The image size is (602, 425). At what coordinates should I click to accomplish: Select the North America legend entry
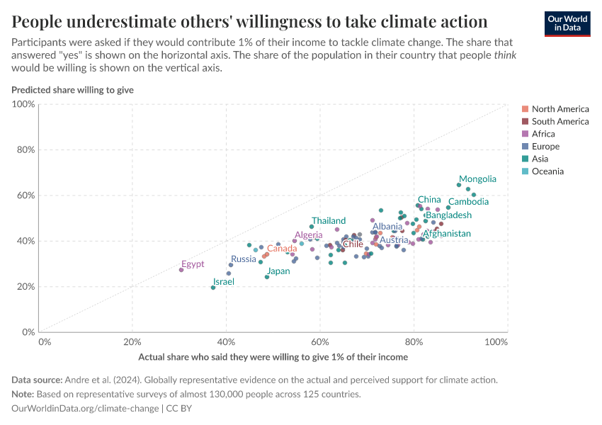click(x=560, y=109)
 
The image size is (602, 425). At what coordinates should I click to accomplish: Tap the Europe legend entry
click(x=545, y=147)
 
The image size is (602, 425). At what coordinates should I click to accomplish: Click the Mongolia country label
click(x=477, y=179)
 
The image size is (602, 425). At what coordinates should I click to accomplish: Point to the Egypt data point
click(x=181, y=270)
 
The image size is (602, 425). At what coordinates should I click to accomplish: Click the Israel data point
click(x=213, y=288)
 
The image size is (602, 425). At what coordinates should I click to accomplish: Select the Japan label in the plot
click(x=278, y=271)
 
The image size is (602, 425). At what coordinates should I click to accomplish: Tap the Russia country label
click(x=244, y=259)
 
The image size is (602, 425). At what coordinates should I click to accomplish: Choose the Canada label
click(x=282, y=249)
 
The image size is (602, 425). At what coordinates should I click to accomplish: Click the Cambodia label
click(x=468, y=202)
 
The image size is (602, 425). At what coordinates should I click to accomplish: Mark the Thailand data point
click(x=312, y=227)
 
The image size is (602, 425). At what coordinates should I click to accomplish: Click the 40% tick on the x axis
click(x=226, y=342)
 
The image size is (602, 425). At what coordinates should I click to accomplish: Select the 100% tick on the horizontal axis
click(x=496, y=342)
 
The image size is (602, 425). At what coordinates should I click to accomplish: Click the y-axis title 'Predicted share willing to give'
click(x=72, y=90)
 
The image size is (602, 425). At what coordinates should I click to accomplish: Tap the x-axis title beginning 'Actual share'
click(x=273, y=357)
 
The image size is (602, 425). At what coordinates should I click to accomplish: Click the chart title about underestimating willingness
click(x=249, y=21)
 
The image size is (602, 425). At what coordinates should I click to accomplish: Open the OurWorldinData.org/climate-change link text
click(x=85, y=409)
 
